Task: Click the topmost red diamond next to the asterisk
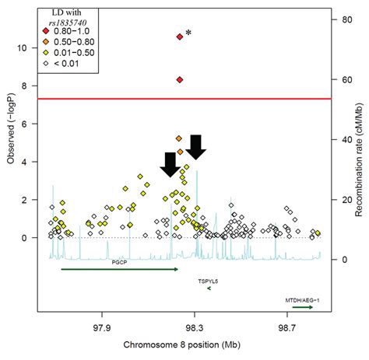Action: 180,37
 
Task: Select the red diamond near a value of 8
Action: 180,80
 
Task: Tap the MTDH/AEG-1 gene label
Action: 299,299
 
